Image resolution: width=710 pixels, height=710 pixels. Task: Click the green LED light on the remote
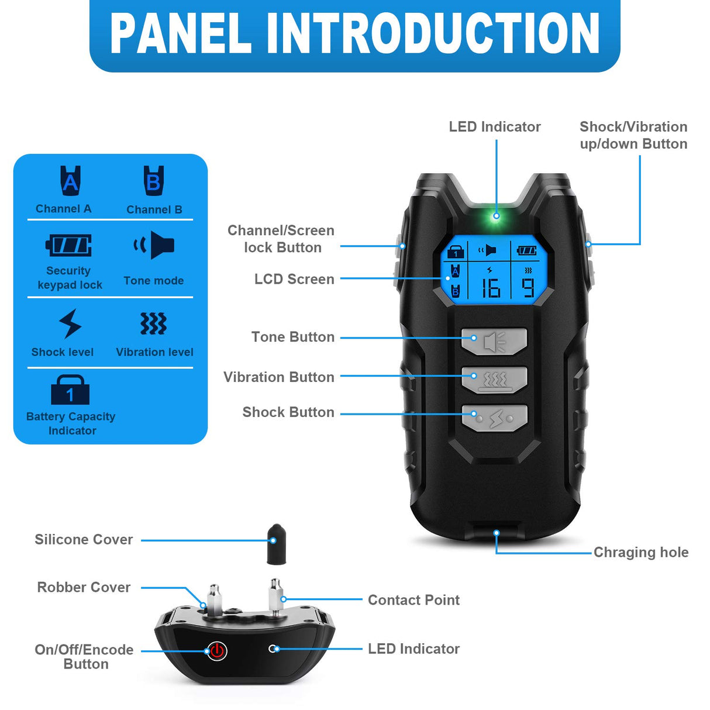click(496, 216)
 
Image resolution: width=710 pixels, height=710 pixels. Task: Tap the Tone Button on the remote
click(494, 341)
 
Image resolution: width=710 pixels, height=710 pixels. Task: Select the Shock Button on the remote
click(494, 418)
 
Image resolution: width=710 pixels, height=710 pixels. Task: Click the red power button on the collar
click(217, 650)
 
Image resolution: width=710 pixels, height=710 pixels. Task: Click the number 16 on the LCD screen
click(490, 288)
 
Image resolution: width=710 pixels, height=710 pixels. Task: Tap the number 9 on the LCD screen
click(528, 288)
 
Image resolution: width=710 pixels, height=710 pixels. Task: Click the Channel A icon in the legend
click(70, 181)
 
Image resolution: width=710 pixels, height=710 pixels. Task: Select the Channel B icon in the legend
click(154, 181)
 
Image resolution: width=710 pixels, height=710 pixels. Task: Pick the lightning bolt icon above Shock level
click(70, 323)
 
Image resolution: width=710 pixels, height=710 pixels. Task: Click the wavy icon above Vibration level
click(153, 323)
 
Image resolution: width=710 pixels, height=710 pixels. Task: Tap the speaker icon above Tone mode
click(154, 245)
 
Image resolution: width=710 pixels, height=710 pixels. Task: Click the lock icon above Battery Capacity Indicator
click(70, 390)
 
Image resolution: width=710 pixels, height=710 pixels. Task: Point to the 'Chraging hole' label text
click(640, 552)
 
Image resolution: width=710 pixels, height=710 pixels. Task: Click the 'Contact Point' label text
click(413, 600)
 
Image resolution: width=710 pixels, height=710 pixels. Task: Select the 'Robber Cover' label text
click(84, 587)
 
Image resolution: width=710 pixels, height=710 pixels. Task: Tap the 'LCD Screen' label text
click(294, 279)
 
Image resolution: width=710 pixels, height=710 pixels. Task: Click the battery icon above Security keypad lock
click(69, 245)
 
